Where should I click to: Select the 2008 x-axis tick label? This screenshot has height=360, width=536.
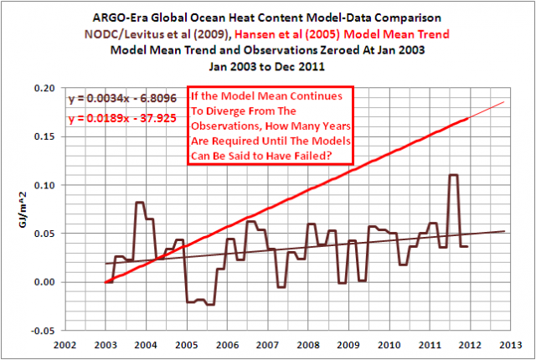[307, 344]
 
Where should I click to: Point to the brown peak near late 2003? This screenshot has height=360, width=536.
[140, 203]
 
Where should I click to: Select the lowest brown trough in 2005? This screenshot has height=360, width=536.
[210, 304]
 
